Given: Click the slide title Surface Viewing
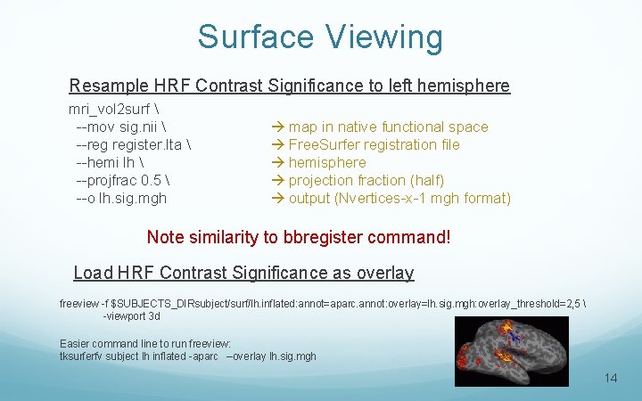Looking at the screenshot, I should tap(320, 37).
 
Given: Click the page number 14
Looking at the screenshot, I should tap(611, 378).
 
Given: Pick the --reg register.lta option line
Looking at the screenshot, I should tap(134, 145).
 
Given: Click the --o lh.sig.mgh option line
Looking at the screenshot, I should tap(121, 199).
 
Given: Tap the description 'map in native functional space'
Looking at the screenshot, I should tap(388, 127).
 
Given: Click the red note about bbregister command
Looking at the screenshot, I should tap(299, 237).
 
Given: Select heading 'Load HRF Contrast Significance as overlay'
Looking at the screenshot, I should tap(243, 273).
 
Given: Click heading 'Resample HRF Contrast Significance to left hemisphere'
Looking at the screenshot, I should tap(290, 86).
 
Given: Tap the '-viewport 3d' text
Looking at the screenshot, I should tap(131, 316).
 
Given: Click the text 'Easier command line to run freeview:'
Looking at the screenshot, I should tap(145, 343).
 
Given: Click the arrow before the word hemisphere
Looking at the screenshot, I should tap(277, 162).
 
